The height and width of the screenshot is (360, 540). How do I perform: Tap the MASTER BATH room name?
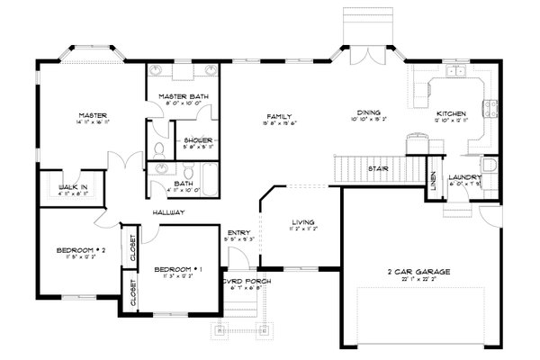coord(178,96)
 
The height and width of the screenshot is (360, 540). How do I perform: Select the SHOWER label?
coord(198,140)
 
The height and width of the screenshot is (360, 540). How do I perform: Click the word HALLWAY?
coord(169,213)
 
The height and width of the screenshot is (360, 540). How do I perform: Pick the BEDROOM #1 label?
coord(171,269)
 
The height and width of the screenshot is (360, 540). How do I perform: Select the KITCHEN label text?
coord(449,112)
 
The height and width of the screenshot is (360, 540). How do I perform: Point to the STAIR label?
coord(377,167)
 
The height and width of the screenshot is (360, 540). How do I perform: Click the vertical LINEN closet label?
coord(432,180)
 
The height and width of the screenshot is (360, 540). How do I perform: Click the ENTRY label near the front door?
coord(238,233)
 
